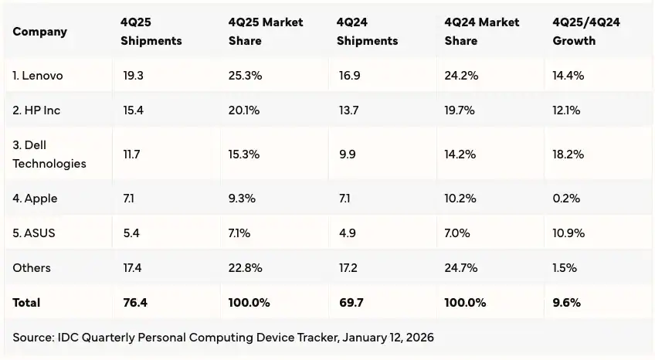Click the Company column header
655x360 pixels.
tap(40, 32)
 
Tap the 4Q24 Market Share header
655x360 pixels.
tap(483, 32)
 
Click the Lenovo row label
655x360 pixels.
tap(38, 76)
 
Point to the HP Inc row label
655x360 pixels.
tap(36, 110)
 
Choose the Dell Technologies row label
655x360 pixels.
tap(49, 155)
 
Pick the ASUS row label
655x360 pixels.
tap(34, 233)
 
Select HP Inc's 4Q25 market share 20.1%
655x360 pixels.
tap(244, 110)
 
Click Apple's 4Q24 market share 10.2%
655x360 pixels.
tap(461, 199)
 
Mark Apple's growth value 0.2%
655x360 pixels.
tap(566, 199)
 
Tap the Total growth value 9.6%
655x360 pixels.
tap(566, 303)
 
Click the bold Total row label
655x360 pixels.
tap(26, 303)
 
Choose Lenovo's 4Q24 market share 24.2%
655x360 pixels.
tap(461, 76)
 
